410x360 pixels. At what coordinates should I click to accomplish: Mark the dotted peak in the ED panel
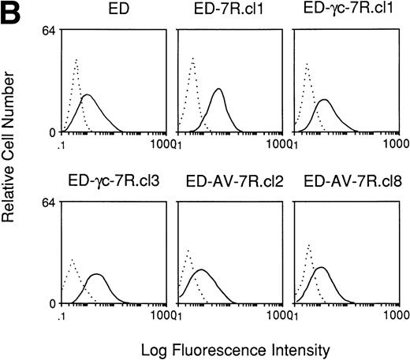(x=76, y=59)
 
